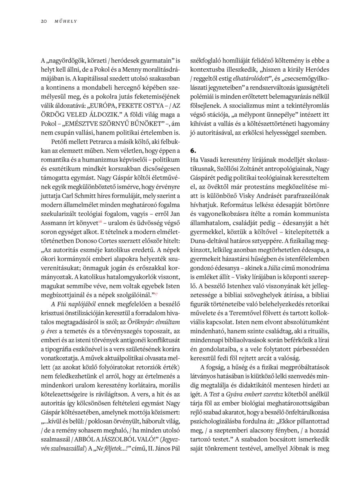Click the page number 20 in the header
pos(44,21)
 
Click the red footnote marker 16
pos(100,221)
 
